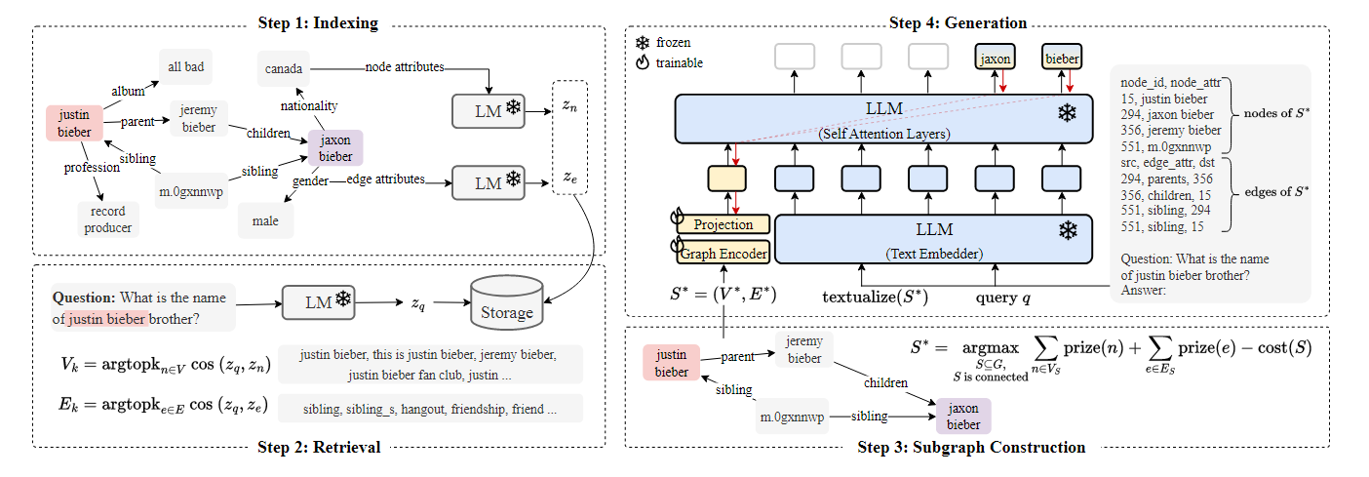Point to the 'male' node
(265, 220)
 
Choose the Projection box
(723, 224)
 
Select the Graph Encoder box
(723, 254)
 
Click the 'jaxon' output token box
(995, 59)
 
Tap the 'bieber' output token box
(1062, 59)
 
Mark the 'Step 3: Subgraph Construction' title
(970, 448)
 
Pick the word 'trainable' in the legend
(681, 63)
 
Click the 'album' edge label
(127, 90)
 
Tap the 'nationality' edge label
(308, 105)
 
